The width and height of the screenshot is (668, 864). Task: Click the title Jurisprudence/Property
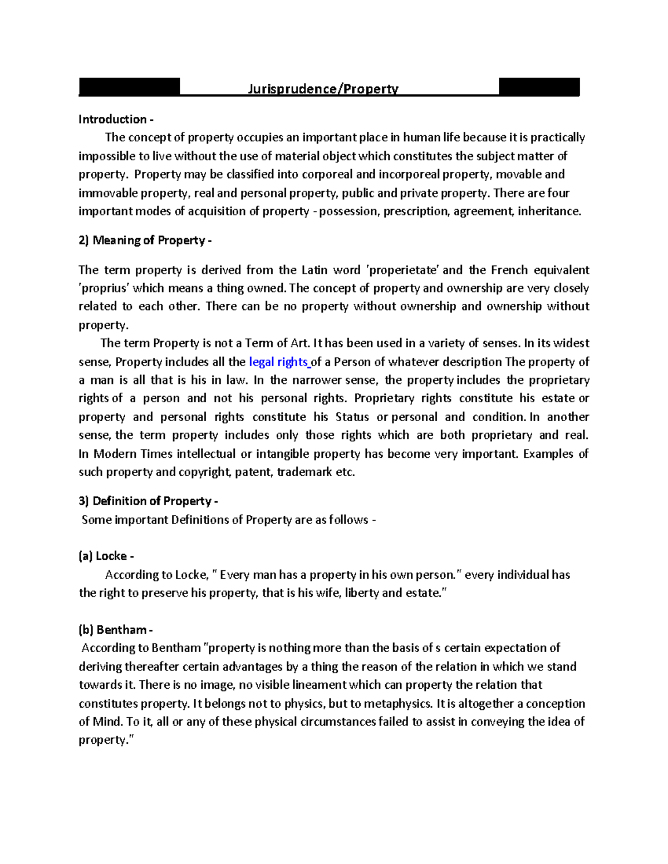tap(323, 89)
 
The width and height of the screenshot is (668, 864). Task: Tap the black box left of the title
tap(129, 87)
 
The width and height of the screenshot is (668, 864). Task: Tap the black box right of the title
tap(539, 87)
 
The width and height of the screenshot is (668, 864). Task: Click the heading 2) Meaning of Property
tap(145, 240)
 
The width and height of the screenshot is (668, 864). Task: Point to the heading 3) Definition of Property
tap(148, 501)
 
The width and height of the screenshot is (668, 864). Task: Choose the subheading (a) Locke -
tap(106, 556)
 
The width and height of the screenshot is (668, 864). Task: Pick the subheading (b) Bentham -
tap(115, 630)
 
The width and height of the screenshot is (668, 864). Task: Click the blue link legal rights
tap(279, 362)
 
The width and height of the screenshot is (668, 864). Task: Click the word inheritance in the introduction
tap(549, 211)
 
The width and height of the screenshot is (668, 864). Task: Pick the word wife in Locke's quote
tap(326, 593)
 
